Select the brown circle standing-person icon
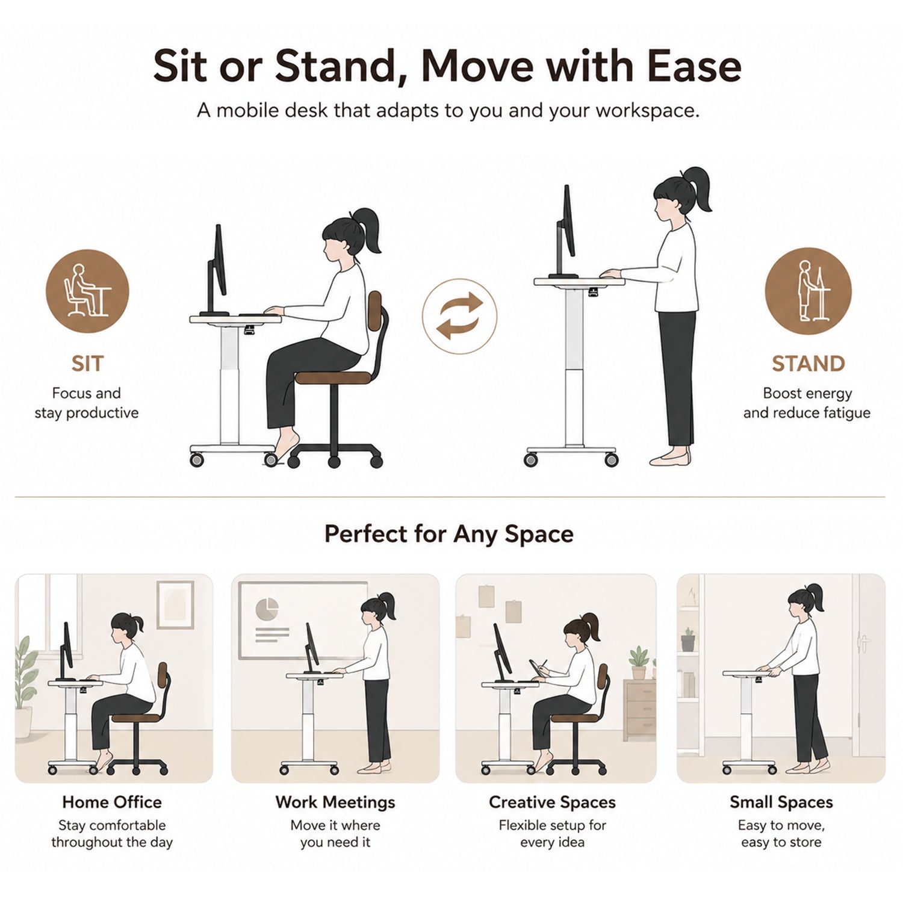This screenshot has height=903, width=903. (808, 291)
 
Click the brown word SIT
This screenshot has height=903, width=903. (87, 364)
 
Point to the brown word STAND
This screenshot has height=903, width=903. (808, 364)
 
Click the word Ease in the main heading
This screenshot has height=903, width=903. (694, 66)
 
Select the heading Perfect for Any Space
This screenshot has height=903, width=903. (449, 534)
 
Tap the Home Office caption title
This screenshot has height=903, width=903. (112, 802)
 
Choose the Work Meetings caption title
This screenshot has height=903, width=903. (335, 802)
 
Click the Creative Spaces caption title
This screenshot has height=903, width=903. (552, 802)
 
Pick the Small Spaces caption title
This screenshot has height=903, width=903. (781, 802)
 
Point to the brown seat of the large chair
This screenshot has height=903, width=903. (333, 378)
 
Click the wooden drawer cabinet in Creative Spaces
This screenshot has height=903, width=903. (639, 710)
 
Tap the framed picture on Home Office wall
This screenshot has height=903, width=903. (175, 604)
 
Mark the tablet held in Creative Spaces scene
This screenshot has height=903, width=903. (535, 668)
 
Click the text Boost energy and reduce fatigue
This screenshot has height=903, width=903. (807, 403)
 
